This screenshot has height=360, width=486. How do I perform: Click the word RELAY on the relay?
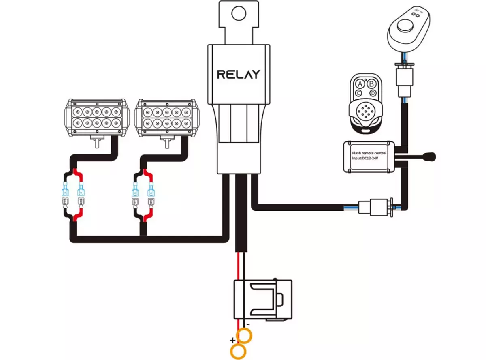pos(238,74)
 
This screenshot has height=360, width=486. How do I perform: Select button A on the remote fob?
pos(359,84)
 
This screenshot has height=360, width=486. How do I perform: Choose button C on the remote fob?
pos(359,93)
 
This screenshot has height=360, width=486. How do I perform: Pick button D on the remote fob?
pos(372,94)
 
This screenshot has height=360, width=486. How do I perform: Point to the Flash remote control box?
pos(369,156)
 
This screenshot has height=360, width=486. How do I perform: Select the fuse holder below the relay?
pos(262,300)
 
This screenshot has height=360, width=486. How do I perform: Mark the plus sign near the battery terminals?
pos(233,340)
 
